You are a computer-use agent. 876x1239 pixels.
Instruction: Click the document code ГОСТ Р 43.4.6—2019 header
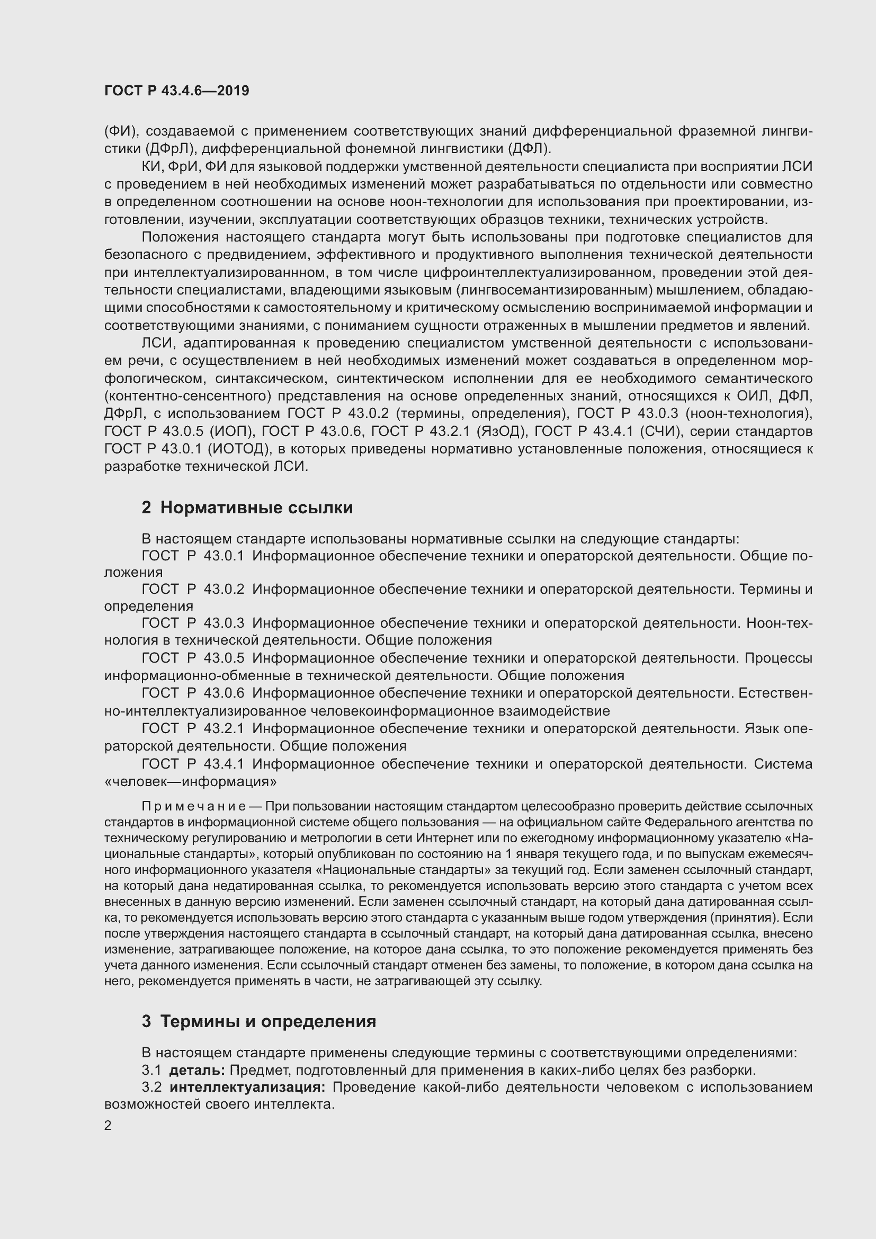[176, 91]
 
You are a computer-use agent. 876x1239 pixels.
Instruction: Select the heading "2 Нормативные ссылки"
[247, 508]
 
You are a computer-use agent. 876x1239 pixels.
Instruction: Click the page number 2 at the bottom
[108, 1126]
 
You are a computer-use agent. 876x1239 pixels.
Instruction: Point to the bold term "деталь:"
[196, 1070]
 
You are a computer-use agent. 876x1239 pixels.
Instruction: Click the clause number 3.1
[151, 1070]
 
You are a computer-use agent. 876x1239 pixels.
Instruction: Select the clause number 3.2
[151, 1088]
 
